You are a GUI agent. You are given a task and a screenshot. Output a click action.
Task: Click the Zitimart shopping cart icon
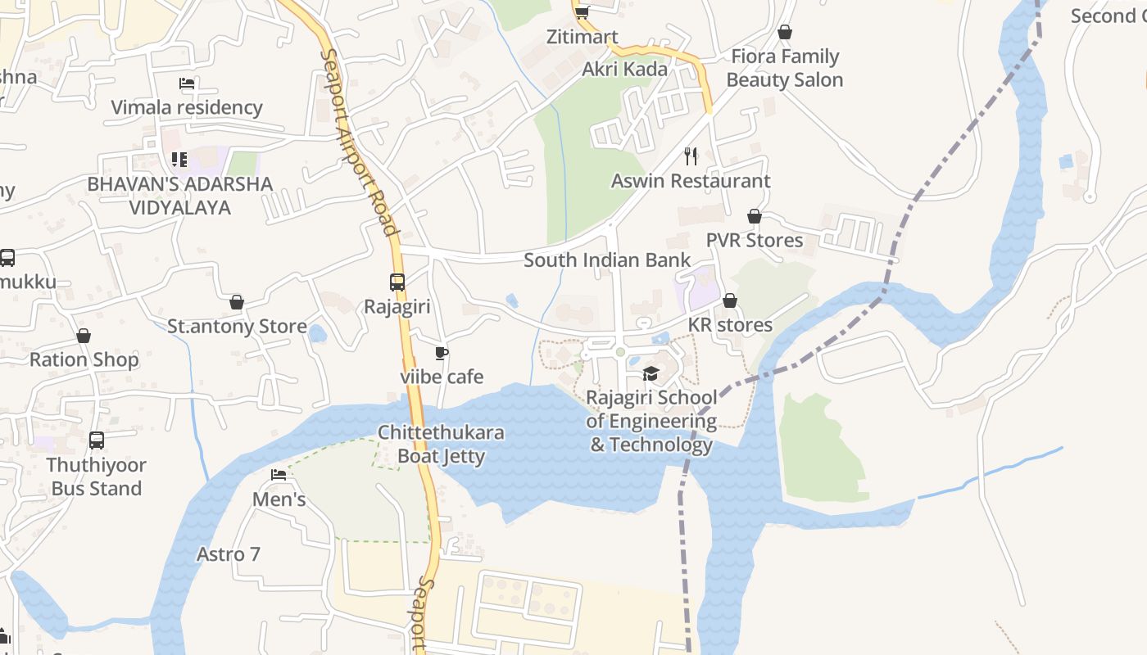coord(582,11)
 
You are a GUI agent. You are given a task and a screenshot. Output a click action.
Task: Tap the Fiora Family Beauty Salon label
coord(784,68)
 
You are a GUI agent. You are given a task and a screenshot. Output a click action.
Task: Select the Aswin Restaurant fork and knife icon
coord(691,155)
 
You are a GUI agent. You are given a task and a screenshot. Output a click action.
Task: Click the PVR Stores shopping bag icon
coord(755,217)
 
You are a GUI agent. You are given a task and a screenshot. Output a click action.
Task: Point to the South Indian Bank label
coord(606,260)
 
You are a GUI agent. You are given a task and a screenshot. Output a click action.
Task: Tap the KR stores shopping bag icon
coord(730,301)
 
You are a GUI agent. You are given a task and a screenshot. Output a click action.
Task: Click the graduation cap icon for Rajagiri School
coord(651,374)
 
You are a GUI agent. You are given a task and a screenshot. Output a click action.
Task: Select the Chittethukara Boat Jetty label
coord(441,444)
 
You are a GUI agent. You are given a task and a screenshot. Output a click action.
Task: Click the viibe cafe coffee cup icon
coord(442,354)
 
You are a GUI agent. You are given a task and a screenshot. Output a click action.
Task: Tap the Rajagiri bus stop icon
coord(397,282)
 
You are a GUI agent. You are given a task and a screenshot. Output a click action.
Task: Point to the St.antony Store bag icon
coord(237,303)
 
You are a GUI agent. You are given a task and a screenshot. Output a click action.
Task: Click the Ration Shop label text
coord(84,359)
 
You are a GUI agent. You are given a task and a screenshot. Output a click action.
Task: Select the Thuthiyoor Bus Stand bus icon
coord(97,440)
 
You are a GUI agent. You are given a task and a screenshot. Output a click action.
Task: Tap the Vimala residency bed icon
coord(187,84)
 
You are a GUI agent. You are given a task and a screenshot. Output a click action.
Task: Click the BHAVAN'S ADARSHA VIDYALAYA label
coord(180,196)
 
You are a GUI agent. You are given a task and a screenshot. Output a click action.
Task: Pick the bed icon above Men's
coord(279,475)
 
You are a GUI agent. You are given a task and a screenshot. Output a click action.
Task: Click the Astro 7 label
coord(229,554)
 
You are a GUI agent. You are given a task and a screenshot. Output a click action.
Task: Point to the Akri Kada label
coord(624,70)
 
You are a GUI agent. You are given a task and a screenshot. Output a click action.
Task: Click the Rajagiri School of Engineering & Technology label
coord(651,422)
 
